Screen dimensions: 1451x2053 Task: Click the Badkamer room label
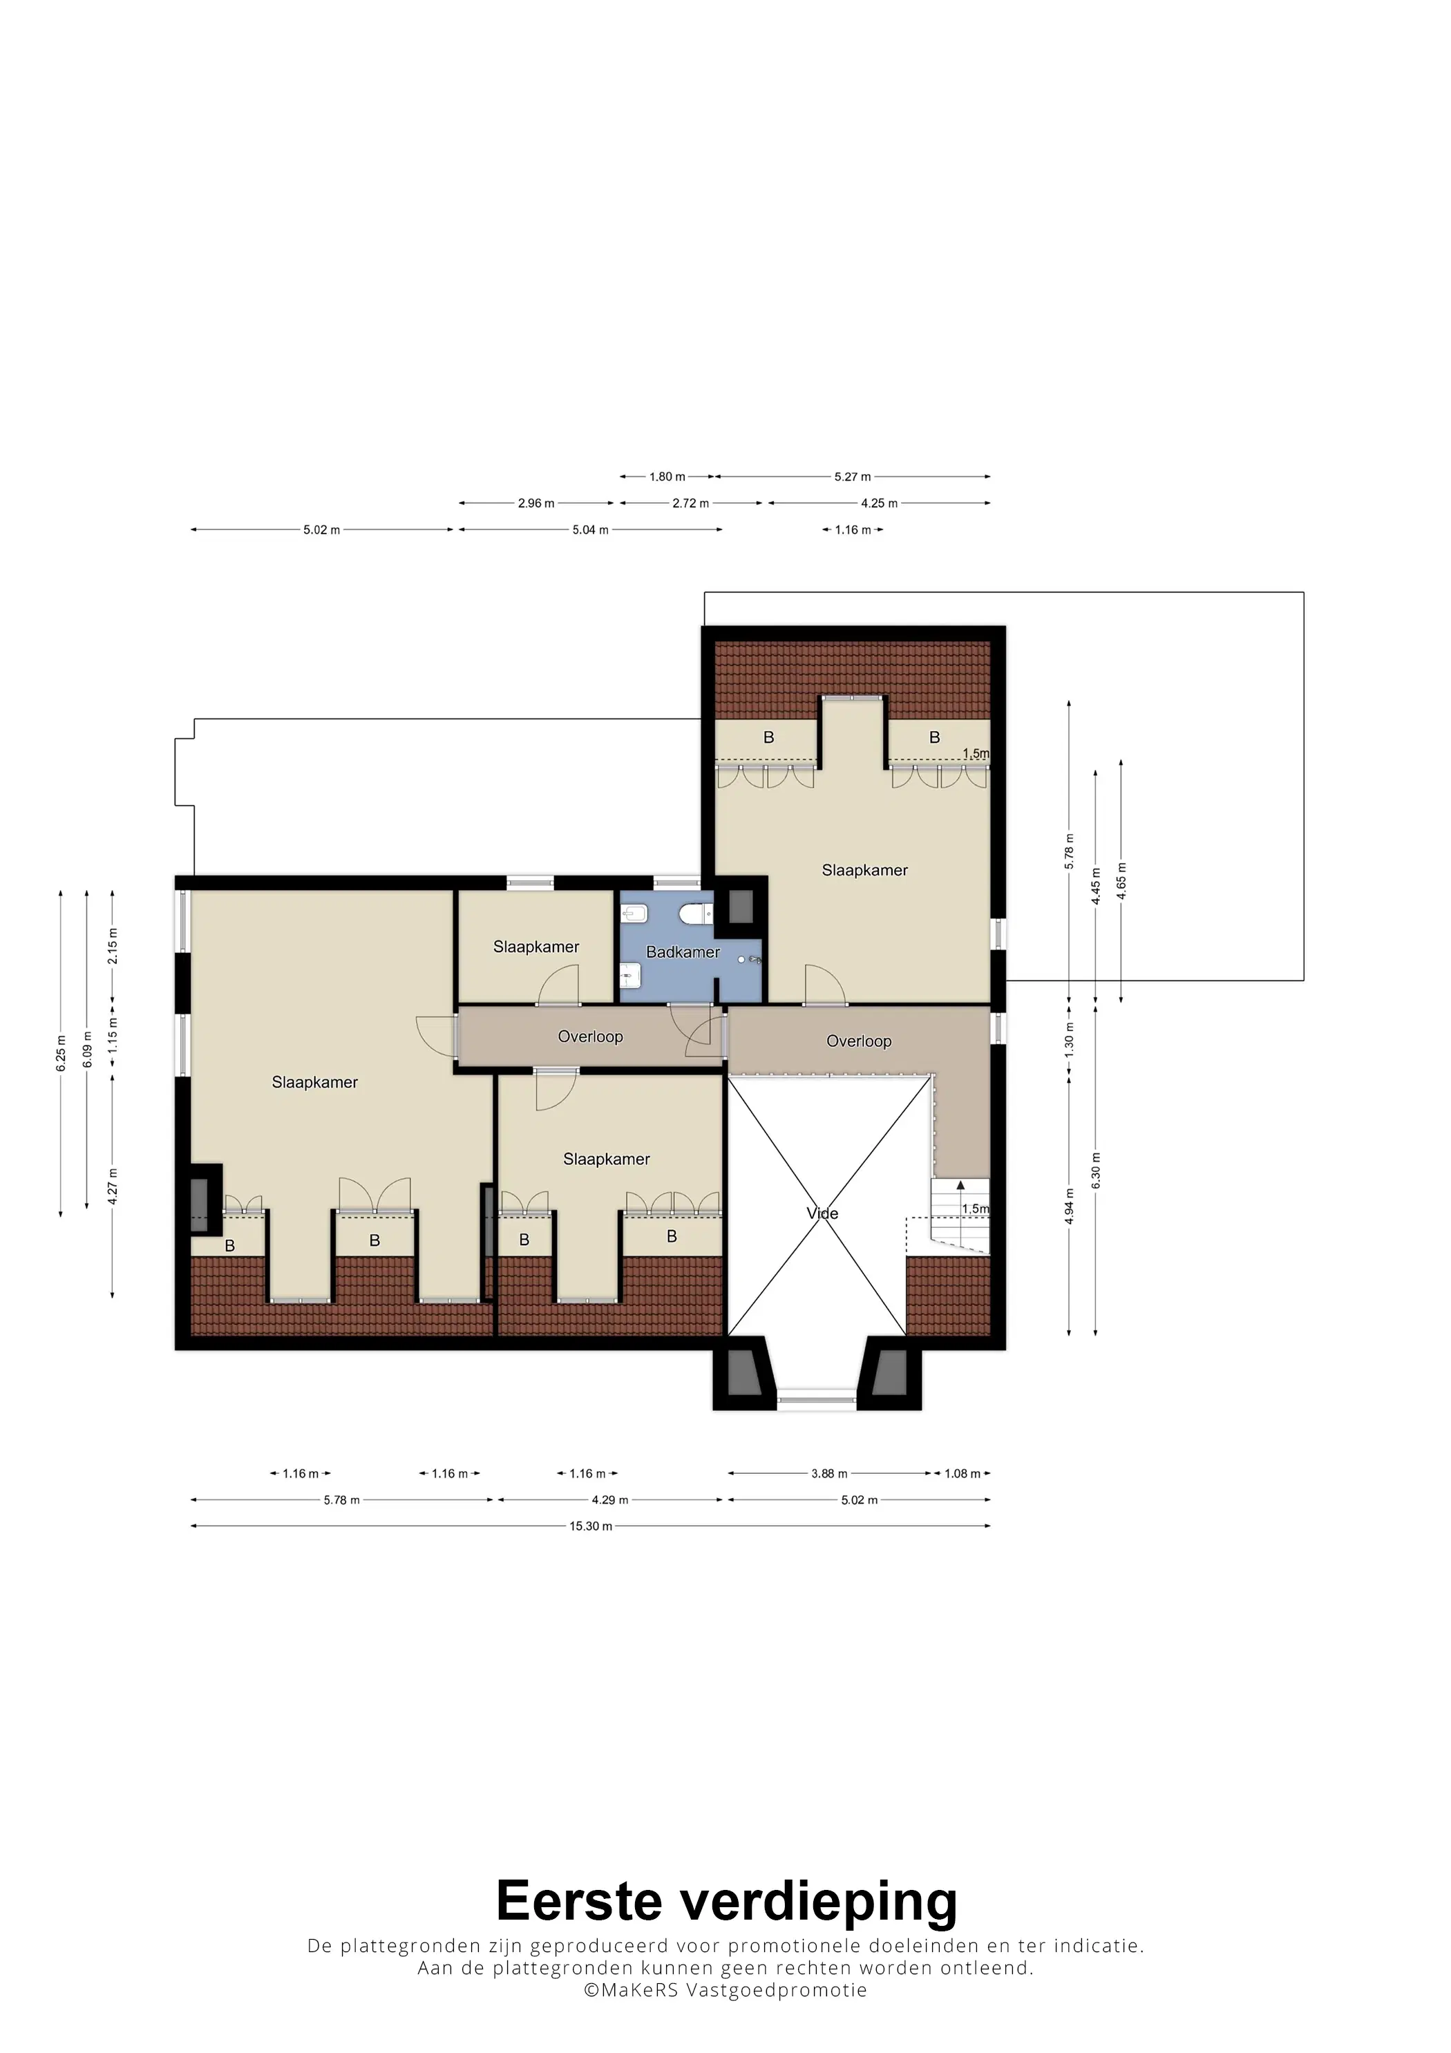tap(683, 952)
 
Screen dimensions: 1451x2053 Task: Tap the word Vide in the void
tap(822, 1213)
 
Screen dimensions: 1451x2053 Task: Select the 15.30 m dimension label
tap(591, 1526)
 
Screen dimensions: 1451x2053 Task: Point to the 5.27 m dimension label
tap(853, 477)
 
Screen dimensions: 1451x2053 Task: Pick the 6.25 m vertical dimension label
tap(61, 1053)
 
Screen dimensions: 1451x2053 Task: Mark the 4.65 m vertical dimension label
tap(1121, 881)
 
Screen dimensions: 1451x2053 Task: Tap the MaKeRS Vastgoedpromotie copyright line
tap(725, 1989)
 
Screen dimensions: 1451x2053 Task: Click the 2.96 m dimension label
tap(536, 504)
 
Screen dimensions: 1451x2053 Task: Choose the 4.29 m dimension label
tap(609, 1499)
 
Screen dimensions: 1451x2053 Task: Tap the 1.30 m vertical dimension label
tap(1070, 1040)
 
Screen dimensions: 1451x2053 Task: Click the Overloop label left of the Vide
tap(590, 1037)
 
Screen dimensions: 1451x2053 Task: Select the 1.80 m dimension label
tap(667, 477)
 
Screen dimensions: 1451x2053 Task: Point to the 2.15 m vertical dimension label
tap(113, 946)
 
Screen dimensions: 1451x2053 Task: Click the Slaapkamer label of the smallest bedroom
tap(536, 947)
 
